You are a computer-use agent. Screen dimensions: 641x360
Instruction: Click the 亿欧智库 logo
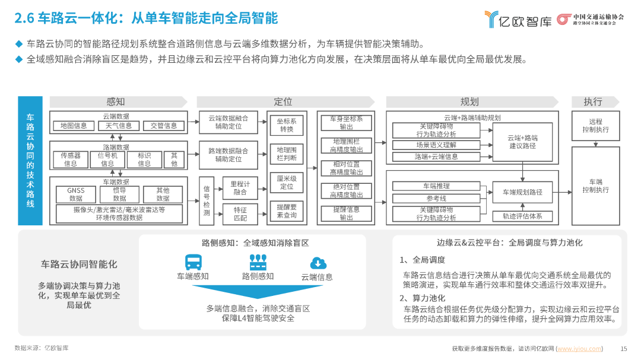[518, 19]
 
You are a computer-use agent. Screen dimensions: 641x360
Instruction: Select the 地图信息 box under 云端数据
[74, 126]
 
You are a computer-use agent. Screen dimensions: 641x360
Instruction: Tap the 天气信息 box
[119, 126]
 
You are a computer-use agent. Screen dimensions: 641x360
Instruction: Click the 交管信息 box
[164, 126]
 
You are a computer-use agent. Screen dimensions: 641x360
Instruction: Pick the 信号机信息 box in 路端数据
[107, 160]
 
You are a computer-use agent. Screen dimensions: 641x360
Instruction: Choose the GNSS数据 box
[75, 195]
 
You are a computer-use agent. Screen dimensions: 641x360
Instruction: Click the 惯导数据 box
[119, 195]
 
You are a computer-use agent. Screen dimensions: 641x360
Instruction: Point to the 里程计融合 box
[240, 188]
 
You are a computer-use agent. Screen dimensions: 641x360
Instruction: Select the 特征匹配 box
[240, 214]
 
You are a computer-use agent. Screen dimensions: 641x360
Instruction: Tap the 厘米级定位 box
[287, 182]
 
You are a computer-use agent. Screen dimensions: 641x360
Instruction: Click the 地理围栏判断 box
[287, 154]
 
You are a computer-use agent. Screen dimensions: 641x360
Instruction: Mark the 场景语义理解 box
[436, 145]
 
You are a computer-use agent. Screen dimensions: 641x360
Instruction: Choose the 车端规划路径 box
[522, 192]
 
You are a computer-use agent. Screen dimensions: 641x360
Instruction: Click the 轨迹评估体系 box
[522, 216]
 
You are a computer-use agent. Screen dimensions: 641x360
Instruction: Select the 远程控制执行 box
[596, 126]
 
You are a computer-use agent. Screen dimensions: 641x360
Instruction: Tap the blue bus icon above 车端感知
[193, 262]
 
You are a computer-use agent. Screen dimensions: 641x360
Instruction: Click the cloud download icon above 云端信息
[318, 263]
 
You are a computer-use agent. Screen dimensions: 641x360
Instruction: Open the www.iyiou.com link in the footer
[579, 349]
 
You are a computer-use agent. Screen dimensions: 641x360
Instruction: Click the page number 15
[623, 349]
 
